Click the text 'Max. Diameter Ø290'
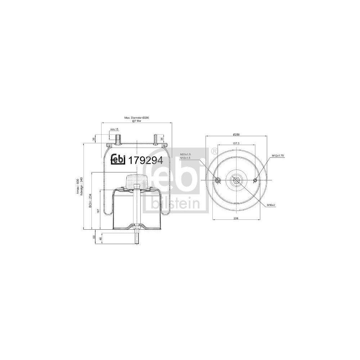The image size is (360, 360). coord(136,118)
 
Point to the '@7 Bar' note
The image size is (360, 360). coord(136,122)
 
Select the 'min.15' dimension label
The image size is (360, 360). coord(114,129)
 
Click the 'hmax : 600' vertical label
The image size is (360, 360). coord(78,186)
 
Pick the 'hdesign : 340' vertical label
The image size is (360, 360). coord(82,186)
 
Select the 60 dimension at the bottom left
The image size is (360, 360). coord(94,237)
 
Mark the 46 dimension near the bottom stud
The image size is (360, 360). coord(101,238)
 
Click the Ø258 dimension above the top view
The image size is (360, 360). coord(236,134)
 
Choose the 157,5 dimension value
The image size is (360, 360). coord(236,143)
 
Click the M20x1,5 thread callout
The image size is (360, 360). coord(185,154)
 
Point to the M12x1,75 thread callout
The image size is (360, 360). coord(278,155)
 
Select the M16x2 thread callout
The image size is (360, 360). coord(271,205)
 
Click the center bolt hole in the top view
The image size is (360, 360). coord(236,180)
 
